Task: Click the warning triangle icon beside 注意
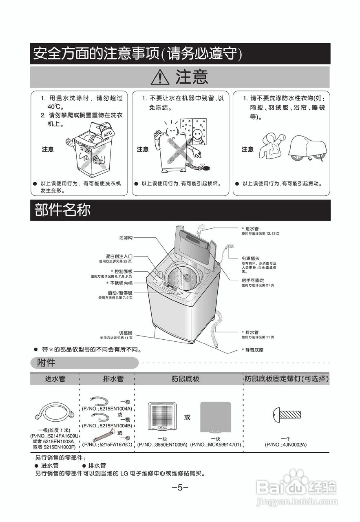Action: pos(160,77)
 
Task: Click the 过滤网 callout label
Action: pos(126,237)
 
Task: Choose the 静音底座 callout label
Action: pos(252,350)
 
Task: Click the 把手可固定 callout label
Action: pos(253,281)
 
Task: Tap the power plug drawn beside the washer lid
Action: pos(230,247)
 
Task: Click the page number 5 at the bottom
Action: pos(180,488)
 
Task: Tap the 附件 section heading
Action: pos(46,363)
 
